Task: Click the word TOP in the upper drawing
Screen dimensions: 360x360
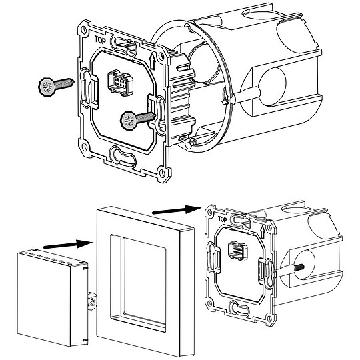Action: (x=100, y=40)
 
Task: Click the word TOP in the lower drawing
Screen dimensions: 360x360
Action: (x=222, y=219)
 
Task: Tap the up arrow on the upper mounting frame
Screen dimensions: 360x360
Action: (x=152, y=61)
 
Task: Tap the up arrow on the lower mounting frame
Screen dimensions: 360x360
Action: (x=263, y=232)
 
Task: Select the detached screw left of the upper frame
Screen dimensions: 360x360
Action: (x=56, y=85)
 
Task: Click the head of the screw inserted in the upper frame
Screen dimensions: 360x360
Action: (x=129, y=121)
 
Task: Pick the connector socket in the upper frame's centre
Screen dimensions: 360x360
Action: (x=120, y=83)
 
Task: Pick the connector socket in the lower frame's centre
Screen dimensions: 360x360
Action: (x=237, y=251)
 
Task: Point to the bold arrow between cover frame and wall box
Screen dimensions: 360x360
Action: (x=177, y=209)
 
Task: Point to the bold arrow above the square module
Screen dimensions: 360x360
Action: (x=67, y=244)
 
